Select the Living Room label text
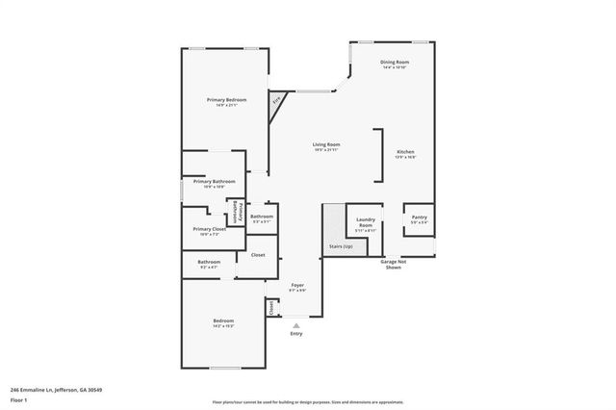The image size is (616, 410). (326, 145)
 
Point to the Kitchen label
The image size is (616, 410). (406, 152)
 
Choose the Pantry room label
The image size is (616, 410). (419, 218)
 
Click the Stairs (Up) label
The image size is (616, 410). (341, 246)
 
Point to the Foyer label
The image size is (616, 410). (298, 286)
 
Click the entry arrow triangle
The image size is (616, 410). (296, 324)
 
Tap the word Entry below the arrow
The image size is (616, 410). (296, 333)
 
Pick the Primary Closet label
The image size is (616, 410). (209, 229)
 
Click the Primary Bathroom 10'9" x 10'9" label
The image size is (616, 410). (214, 184)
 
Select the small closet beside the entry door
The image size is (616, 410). (272, 308)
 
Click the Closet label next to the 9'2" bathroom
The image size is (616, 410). (258, 255)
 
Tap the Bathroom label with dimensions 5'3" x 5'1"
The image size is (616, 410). (262, 218)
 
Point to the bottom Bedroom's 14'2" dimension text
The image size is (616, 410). (223, 327)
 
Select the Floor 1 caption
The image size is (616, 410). (19, 399)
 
